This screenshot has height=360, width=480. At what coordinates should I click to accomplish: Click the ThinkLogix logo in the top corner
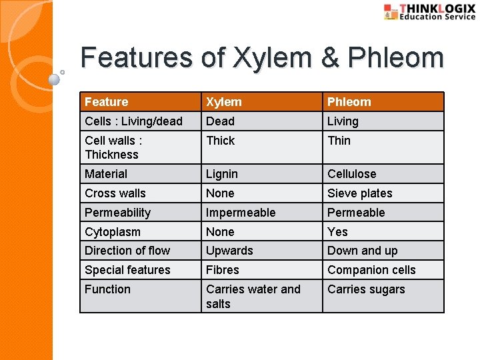(x=430, y=12)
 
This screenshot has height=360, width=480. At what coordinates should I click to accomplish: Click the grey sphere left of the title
(x=55, y=79)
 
